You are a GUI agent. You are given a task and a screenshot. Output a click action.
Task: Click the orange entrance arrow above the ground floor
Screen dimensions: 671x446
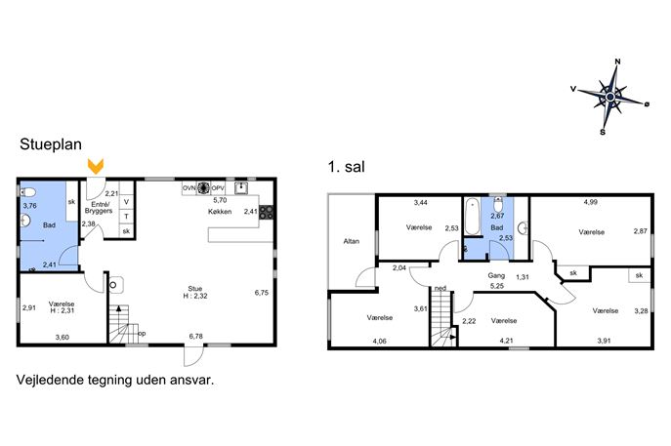(x=96, y=166)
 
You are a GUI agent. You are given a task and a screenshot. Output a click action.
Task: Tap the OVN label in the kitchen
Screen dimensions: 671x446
(x=189, y=188)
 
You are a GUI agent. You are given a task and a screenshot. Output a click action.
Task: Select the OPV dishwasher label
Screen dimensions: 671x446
(x=218, y=188)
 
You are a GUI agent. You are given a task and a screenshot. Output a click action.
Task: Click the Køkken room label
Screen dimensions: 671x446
(x=220, y=212)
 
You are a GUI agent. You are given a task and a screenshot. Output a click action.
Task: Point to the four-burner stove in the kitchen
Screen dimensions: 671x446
(x=267, y=213)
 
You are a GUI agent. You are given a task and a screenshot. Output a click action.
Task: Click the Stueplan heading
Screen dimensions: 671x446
(x=51, y=144)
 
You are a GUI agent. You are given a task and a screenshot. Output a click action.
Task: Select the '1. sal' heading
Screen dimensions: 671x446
(x=346, y=166)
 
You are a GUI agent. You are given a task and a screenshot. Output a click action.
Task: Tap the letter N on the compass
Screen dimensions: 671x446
(x=617, y=61)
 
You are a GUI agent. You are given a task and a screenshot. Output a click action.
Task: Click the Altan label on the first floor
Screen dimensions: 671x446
(x=352, y=241)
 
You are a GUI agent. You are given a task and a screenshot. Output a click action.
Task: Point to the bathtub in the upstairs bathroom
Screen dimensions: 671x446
(x=472, y=216)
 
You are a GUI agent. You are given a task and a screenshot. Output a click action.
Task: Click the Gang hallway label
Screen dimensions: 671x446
(x=496, y=276)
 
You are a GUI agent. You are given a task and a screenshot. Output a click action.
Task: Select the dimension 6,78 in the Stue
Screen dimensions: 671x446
(x=196, y=336)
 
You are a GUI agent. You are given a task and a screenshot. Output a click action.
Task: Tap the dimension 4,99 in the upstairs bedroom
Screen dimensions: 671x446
(x=591, y=202)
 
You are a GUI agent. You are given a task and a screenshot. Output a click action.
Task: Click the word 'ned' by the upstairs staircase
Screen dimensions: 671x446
(x=440, y=289)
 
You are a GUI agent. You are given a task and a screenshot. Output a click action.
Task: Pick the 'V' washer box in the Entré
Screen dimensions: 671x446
(x=127, y=201)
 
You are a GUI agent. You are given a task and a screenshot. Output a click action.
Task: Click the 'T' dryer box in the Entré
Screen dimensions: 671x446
(x=127, y=217)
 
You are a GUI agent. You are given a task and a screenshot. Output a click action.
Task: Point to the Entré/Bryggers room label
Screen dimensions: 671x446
(x=99, y=208)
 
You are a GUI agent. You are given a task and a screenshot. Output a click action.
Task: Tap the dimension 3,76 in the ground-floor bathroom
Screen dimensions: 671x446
(x=30, y=206)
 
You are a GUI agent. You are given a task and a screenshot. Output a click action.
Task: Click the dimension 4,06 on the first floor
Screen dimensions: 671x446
(x=380, y=341)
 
